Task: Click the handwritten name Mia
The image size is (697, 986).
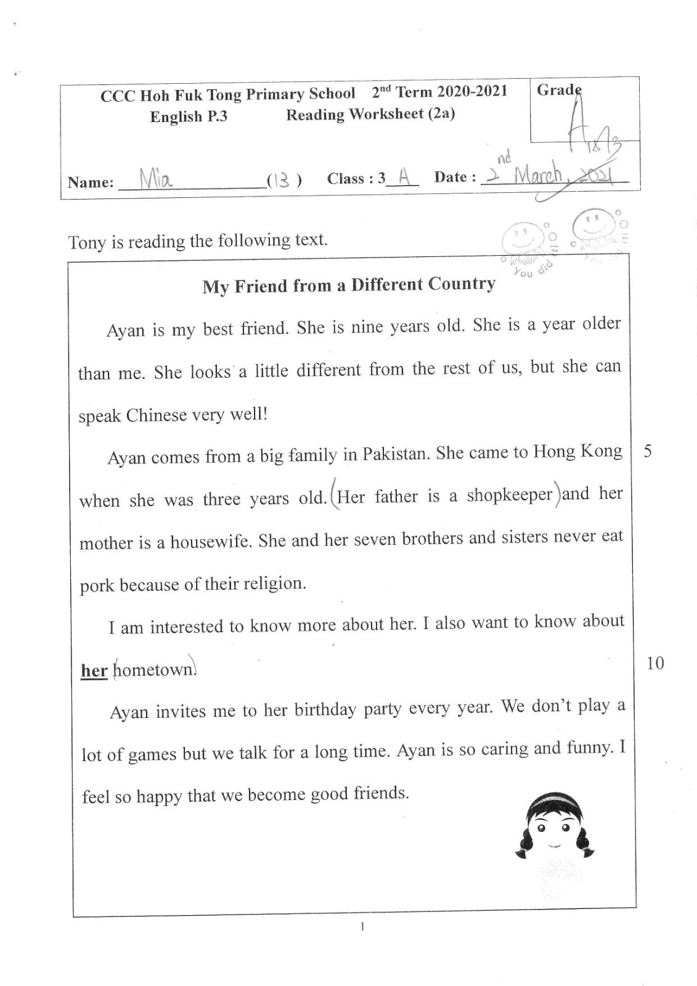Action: tap(156, 179)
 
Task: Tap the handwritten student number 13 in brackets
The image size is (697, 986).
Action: tap(283, 180)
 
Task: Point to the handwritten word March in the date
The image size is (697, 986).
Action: tap(538, 176)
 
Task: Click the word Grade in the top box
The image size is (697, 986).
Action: tap(558, 90)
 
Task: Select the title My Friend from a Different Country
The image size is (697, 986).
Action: tap(349, 285)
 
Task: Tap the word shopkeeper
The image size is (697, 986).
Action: tap(509, 495)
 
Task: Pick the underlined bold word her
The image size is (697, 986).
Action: tap(94, 670)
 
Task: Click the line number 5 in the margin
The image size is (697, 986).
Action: tap(648, 451)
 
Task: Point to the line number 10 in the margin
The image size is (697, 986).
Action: tap(655, 663)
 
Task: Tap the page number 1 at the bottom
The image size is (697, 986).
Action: tap(362, 926)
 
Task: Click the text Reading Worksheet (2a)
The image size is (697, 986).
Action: tap(370, 114)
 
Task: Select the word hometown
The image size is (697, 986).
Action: tap(155, 670)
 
